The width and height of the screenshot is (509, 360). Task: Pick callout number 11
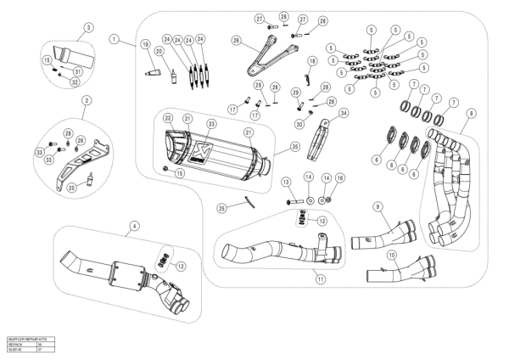(x=319, y=277)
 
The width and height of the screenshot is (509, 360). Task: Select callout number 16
(x=340, y=177)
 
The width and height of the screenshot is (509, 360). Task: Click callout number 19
(x=145, y=43)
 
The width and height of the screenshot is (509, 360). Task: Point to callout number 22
(x=169, y=117)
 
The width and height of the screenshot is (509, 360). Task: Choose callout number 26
(x=237, y=40)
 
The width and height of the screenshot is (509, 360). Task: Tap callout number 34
(x=344, y=112)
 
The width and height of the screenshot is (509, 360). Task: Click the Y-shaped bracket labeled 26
(x=258, y=60)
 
